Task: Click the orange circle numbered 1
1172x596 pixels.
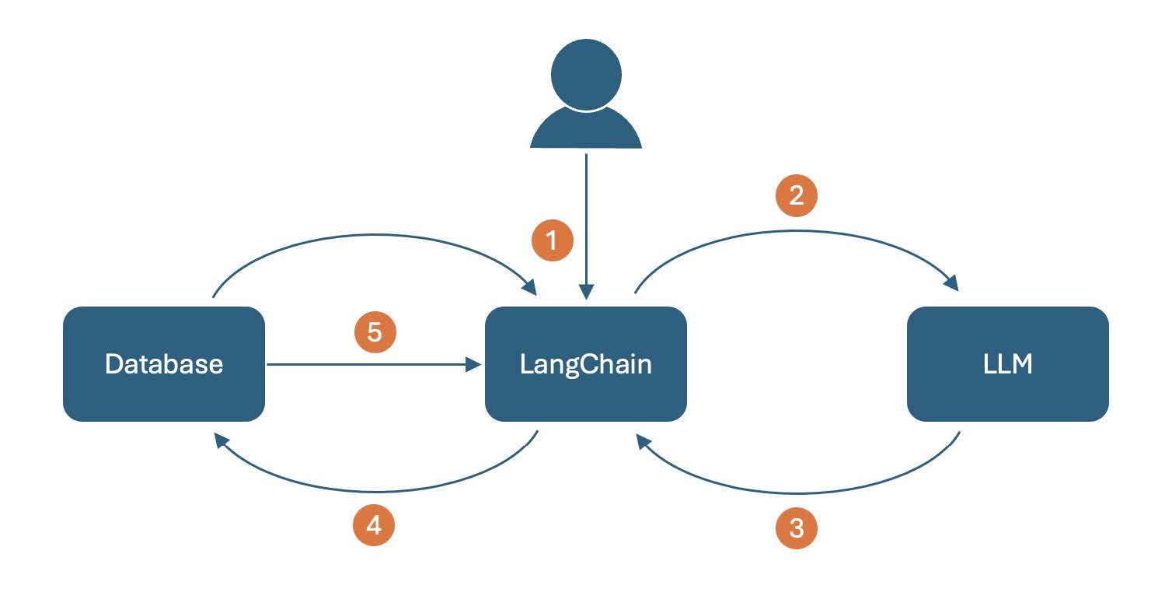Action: pyautogui.click(x=552, y=240)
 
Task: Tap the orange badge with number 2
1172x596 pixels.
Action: pyautogui.click(x=796, y=195)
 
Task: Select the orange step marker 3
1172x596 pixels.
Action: pyautogui.click(x=796, y=528)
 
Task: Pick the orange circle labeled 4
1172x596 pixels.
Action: pyautogui.click(x=374, y=525)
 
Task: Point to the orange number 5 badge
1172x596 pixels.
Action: pyautogui.click(x=375, y=332)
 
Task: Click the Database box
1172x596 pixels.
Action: pyautogui.click(x=164, y=364)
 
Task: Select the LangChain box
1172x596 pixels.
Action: pyautogui.click(x=585, y=364)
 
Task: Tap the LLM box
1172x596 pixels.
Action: pyautogui.click(x=1008, y=364)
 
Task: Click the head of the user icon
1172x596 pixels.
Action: pyautogui.click(x=586, y=75)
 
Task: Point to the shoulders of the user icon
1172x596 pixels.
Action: pyautogui.click(x=586, y=128)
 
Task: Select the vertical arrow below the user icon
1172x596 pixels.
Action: pyautogui.click(x=586, y=226)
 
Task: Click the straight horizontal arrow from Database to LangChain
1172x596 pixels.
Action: pyautogui.click(x=374, y=364)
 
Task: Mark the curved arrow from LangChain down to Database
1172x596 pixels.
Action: pyautogui.click(x=375, y=491)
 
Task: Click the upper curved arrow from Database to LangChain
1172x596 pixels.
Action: pyautogui.click(x=374, y=235)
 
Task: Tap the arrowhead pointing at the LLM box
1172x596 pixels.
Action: pyautogui.click(x=952, y=282)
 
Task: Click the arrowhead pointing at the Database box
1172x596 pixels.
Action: pyautogui.click(x=221, y=440)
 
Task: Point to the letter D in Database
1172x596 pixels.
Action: pyautogui.click(x=113, y=364)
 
